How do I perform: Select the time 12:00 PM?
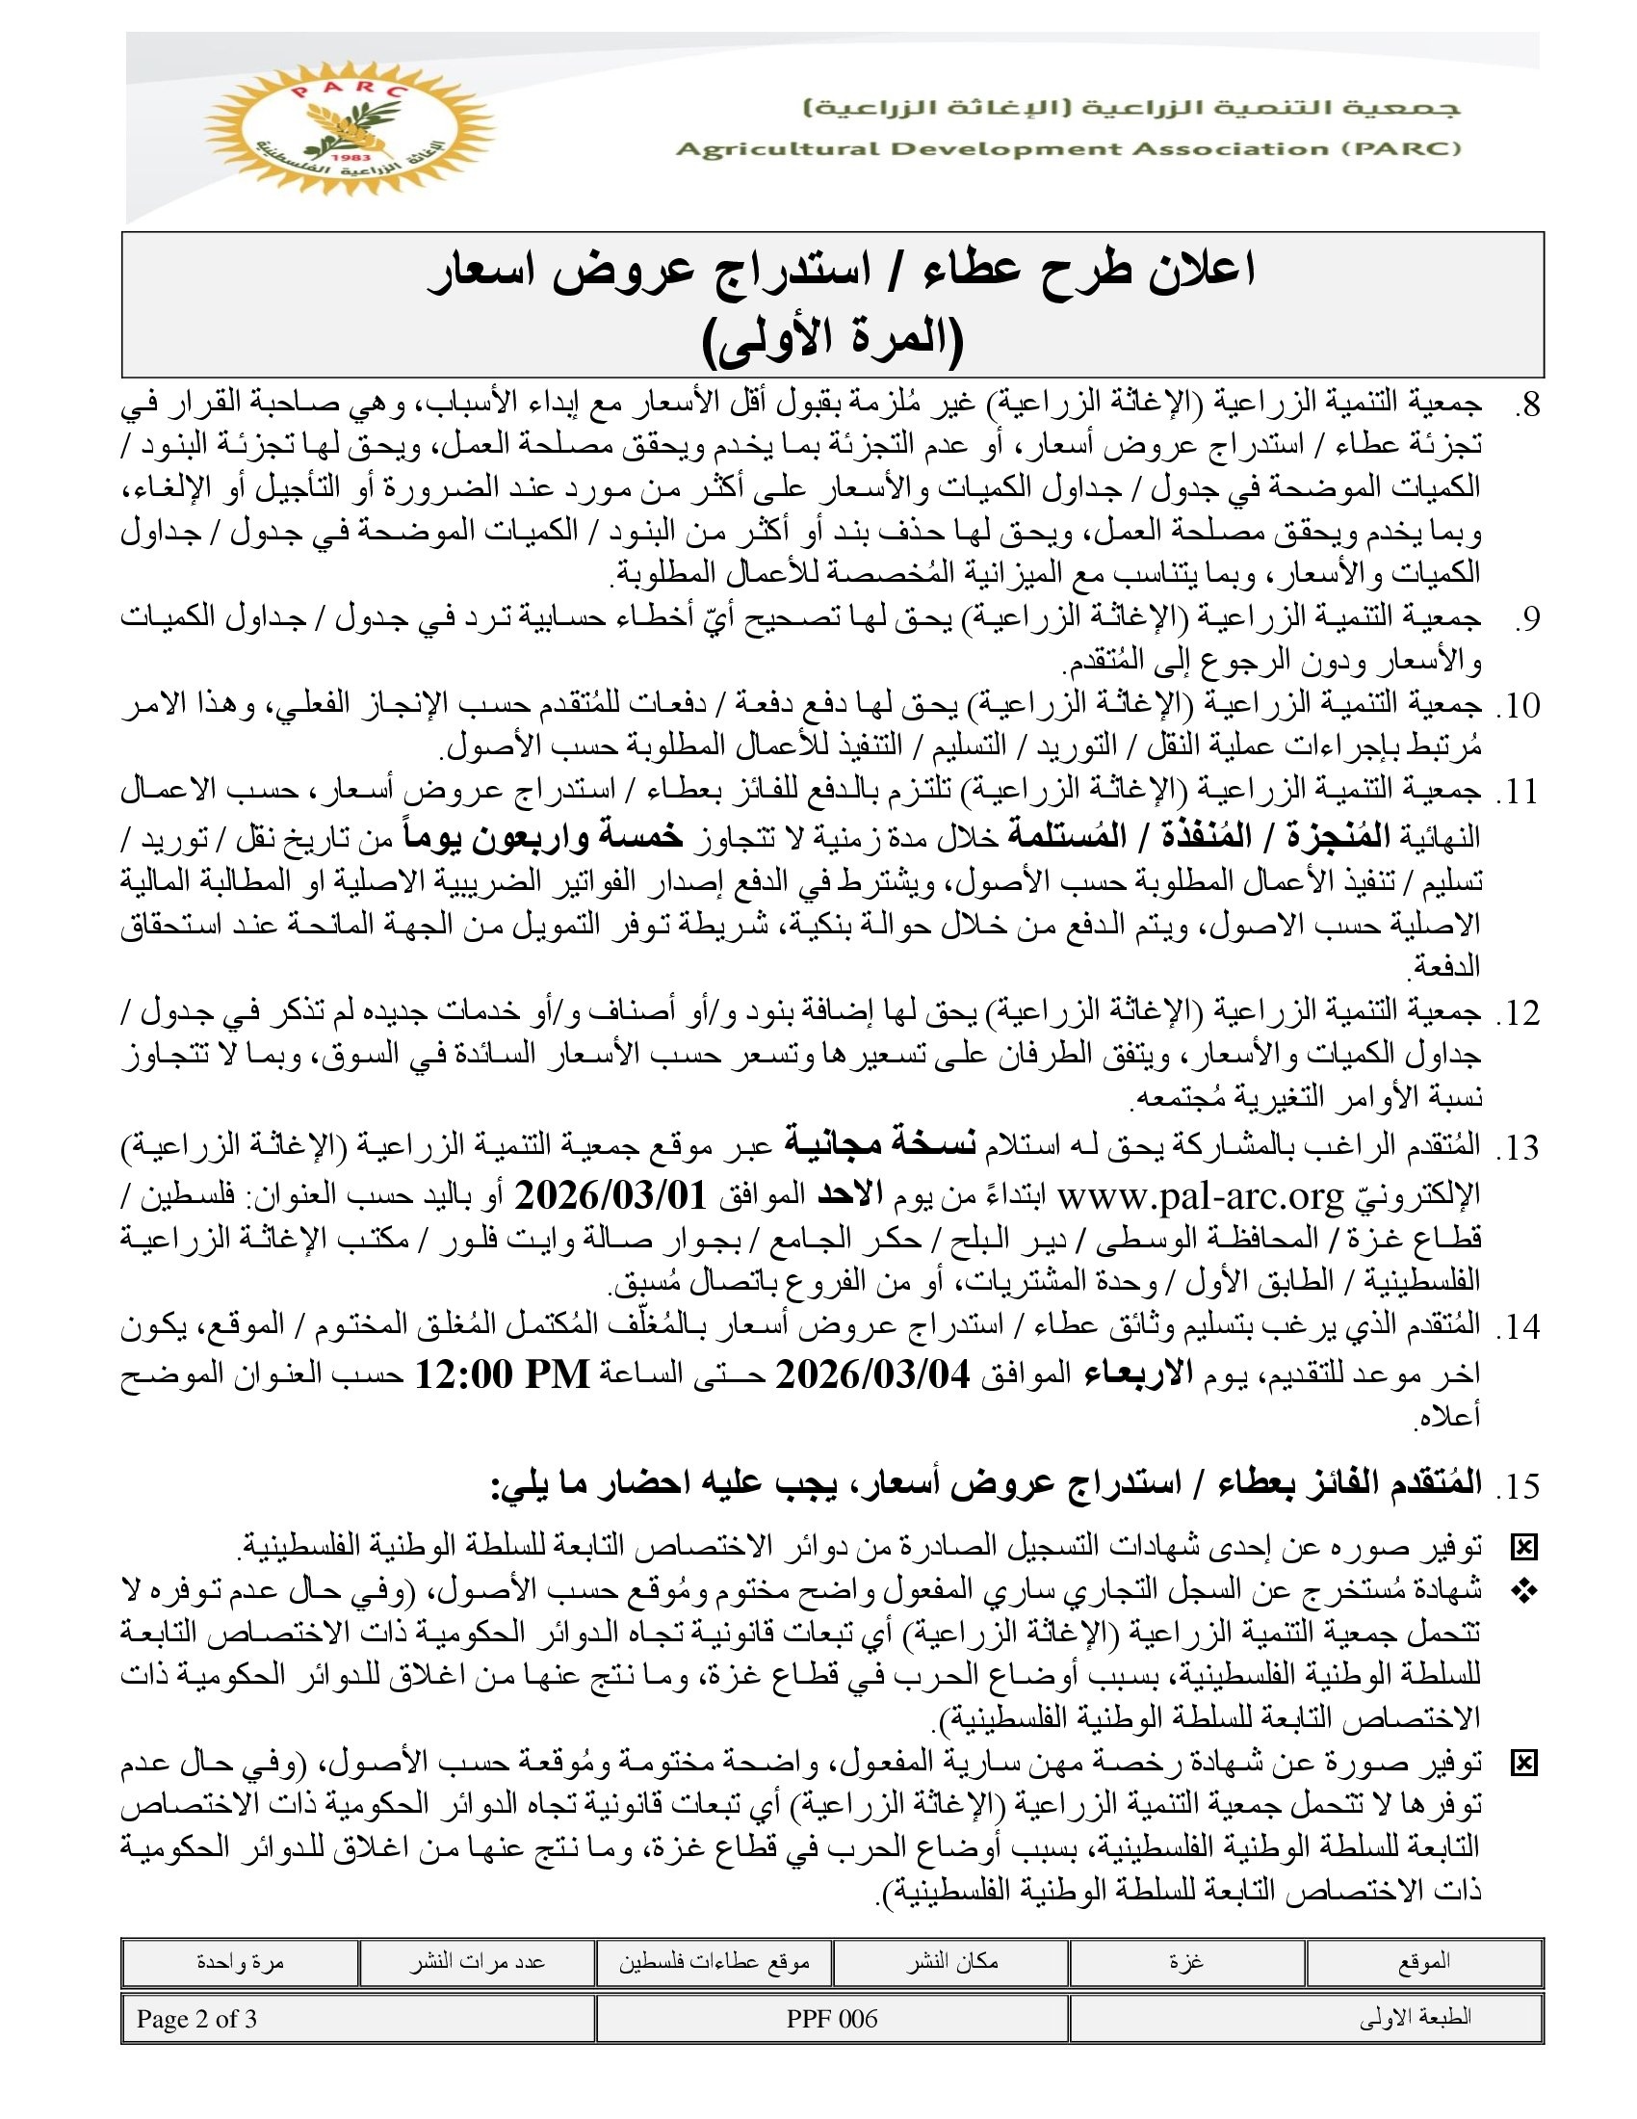click(x=503, y=1374)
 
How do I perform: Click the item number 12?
click(x=1518, y=1014)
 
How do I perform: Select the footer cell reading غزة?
click(x=1186, y=1962)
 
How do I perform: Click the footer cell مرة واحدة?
click(x=240, y=1962)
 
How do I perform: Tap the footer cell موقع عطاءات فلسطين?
click(x=714, y=1962)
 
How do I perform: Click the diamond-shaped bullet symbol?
click(x=1525, y=1591)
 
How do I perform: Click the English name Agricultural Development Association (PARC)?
click(x=1068, y=149)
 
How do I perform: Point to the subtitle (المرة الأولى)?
click(x=832, y=341)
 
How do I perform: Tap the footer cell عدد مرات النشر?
click(x=476, y=1962)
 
